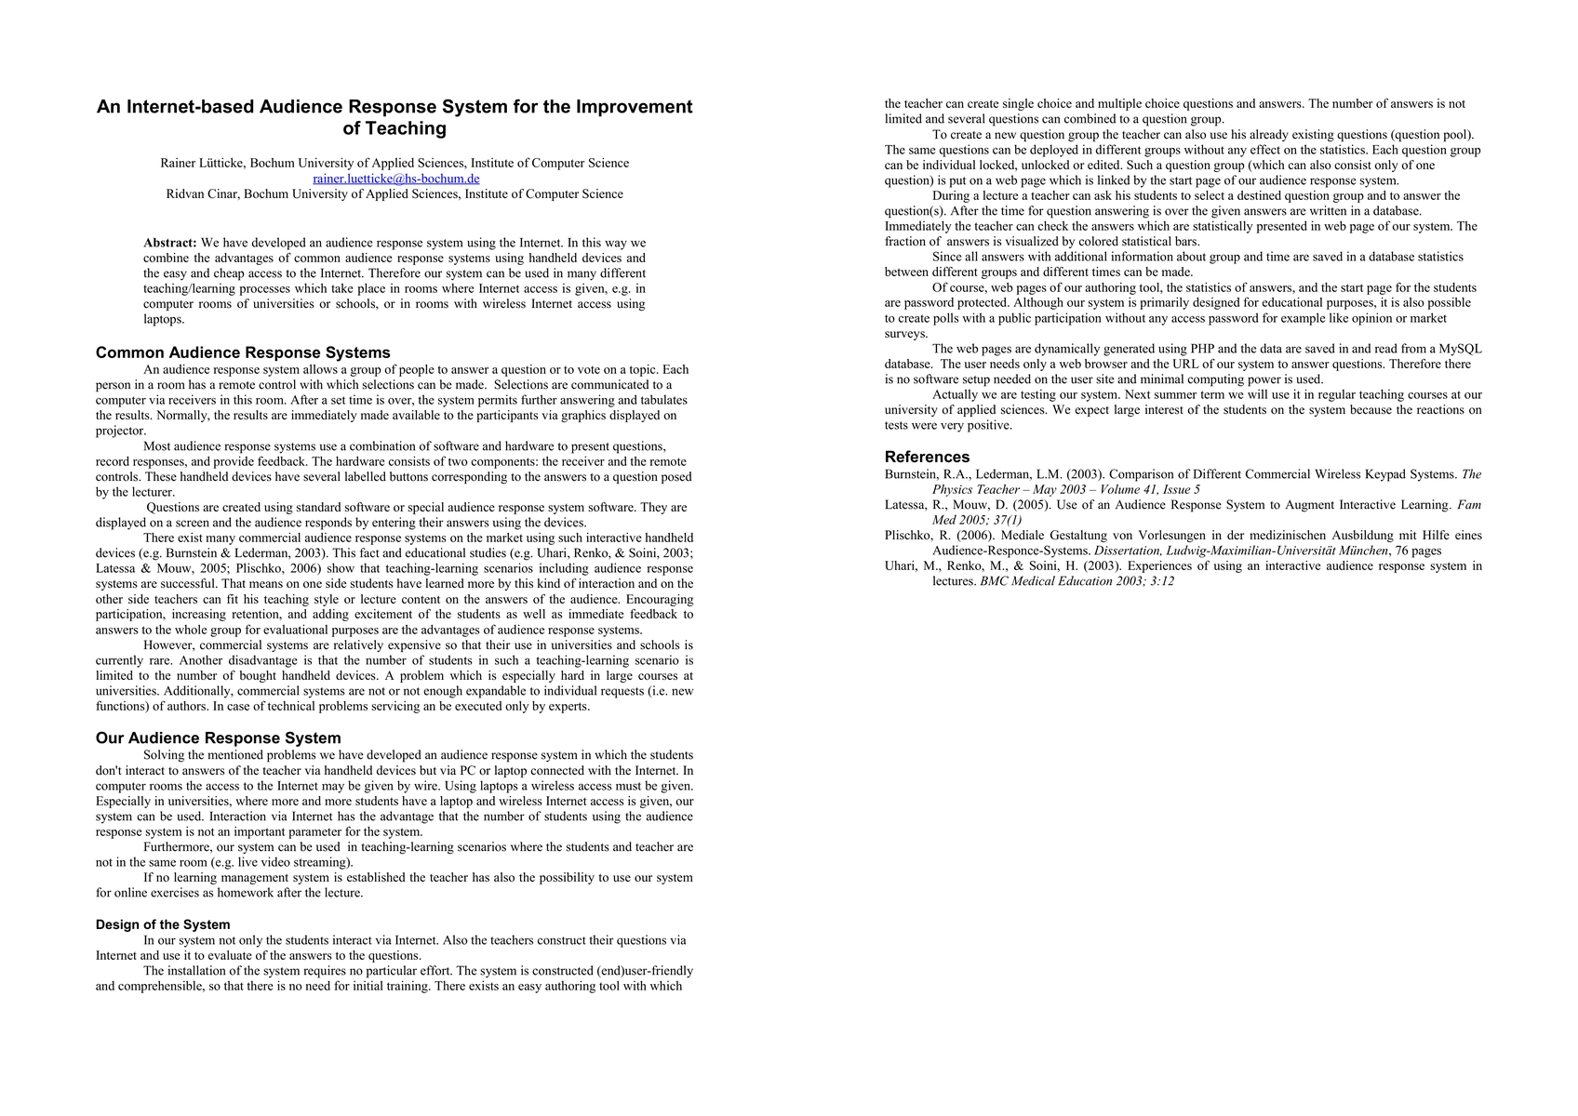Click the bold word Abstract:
click(169, 243)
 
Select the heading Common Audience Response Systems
click(243, 352)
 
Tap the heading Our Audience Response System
click(218, 738)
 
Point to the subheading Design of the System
click(163, 924)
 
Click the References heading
click(927, 457)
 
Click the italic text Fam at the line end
click(1469, 505)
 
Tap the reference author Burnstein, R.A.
click(928, 474)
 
